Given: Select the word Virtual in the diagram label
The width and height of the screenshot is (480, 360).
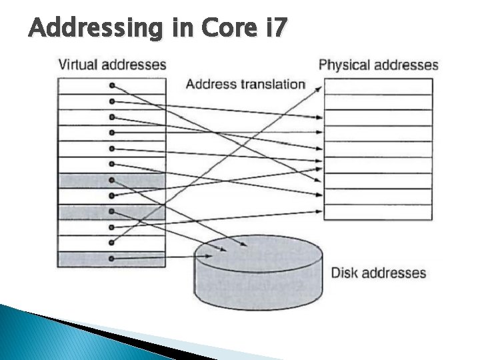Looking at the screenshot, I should click(x=78, y=65).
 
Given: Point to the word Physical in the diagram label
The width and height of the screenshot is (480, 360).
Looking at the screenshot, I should click(x=345, y=65).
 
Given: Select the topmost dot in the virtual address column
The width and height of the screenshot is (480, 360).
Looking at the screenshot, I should click(x=112, y=86).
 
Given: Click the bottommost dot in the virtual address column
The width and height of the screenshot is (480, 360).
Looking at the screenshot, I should click(x=112, y=258).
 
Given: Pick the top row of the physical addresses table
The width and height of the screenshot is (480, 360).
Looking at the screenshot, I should click(x=378, y=86).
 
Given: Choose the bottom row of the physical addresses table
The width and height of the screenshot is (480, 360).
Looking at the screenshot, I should click(x=378, y=212).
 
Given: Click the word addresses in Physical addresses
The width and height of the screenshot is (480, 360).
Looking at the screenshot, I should click(x=405, y=65).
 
